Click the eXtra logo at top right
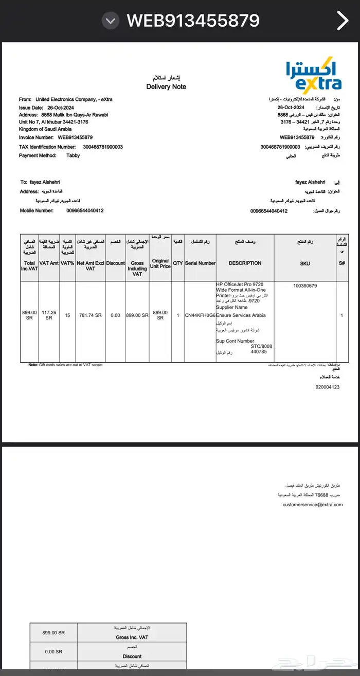[314, 76]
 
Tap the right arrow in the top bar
[343, 21]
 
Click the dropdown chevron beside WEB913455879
[110, 21]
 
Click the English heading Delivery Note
[166, 86]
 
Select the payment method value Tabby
[73, 155]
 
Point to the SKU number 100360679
[305, 286]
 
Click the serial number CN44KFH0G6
[201, 315]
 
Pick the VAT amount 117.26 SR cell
[49, 315]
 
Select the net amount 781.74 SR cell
[91, 315]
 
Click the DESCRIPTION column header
[245, 263]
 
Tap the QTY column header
[178, 263]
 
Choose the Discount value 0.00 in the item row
[115, 315]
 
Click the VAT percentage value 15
[67, 315]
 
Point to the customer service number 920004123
[328, 387]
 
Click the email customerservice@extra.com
[312, 505]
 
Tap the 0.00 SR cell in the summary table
[53, 651]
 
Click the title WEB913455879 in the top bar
[193, 21]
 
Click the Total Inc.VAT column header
[29, 265]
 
